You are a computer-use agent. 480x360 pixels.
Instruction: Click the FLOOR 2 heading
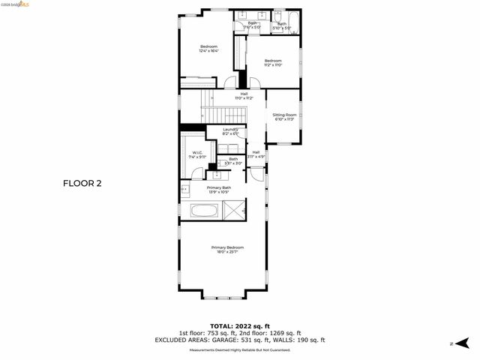point(82,182)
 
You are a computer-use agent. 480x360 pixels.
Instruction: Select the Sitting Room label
point(284,116)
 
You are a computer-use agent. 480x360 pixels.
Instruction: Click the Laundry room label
point(230,131)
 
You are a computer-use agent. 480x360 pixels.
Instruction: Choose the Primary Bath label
point(219,189)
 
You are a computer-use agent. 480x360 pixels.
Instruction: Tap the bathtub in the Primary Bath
point(204,211)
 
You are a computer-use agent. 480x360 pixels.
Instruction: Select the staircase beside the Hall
point(221,115)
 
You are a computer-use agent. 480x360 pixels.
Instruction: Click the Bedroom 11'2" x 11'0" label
point(273,62)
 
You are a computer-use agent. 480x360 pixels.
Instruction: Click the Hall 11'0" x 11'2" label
point(244,95)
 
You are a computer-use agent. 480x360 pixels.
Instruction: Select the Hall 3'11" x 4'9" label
point(256,154)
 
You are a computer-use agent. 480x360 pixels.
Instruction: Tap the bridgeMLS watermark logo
point(16,4)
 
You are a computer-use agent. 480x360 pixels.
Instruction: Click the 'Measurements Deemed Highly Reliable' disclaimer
point(239,349)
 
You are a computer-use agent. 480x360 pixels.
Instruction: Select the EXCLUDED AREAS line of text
point(239,340)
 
